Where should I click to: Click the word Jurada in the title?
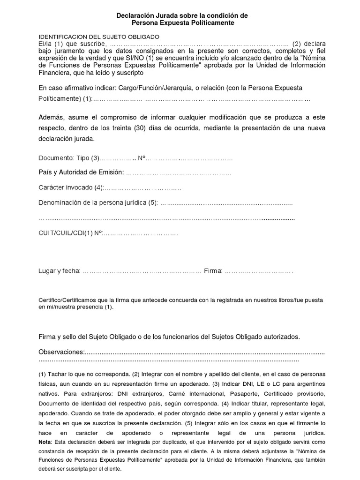[167, 15]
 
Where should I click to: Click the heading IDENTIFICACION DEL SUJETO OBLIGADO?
[99, 37]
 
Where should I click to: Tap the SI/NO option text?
[135, 58]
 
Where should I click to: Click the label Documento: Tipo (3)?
[69, 158]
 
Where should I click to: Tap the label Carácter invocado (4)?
[70, 187]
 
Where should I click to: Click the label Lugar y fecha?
[59, 271]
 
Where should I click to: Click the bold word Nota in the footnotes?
[45, 442]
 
